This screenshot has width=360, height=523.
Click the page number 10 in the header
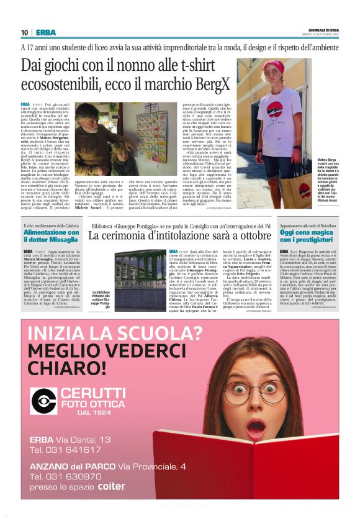(24, 32)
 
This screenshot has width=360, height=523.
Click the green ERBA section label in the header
(45, 32)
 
